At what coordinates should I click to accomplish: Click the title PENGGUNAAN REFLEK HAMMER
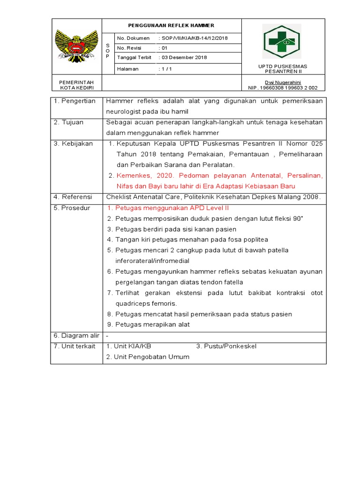pyautogui.click(x=171, y=25)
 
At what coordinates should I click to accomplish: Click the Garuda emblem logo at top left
pyautogui.click(x=76, y=45)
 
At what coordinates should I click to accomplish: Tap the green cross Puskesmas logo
pyautogui.click(x=281, y=41)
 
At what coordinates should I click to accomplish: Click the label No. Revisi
pyautogui.click(x=129, y=48)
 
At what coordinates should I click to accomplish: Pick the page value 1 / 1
pyautogui.click(x=167, y=68)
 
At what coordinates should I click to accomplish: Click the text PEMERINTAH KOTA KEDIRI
pyautogui.click(x=76, y=85)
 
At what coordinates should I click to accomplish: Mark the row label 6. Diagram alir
pyautogui.click(x=76, y=336)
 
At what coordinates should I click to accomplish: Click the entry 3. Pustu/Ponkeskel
pyautogui.click(x=226, y=346)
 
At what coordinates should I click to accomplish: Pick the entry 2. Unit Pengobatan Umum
pyautogui.click(x=148, y=357)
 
